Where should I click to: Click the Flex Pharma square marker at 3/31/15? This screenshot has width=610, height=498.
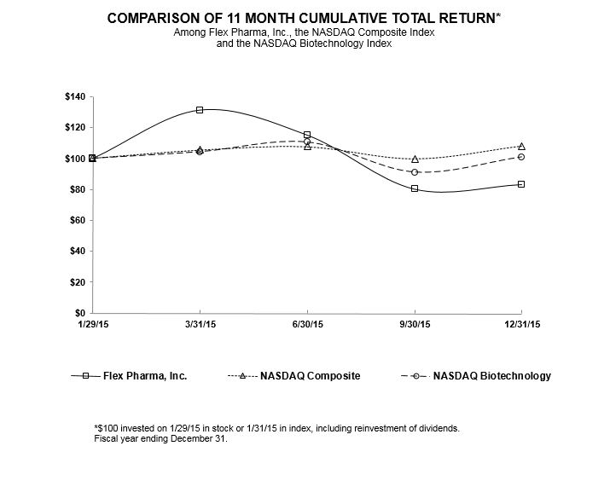tap(200, 110)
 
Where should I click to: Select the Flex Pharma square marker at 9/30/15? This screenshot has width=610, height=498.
tap(415, 188)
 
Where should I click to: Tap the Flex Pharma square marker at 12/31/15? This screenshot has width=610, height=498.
tap(521, 184)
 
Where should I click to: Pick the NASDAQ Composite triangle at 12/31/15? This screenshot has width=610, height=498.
tap(521, 147)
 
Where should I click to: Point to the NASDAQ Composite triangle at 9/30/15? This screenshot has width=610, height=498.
tap(415, 159)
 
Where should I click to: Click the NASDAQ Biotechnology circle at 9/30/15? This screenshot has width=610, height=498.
tap(415, 172)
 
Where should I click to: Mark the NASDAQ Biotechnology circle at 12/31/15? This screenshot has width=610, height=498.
tap(521, 157)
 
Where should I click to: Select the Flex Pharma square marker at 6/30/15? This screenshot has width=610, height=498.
tap(307, 135)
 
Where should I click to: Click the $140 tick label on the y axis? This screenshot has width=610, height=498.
tap(74, 96)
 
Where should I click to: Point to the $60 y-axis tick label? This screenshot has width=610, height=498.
tap(76, 220)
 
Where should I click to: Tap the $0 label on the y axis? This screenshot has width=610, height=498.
tap(78, 313)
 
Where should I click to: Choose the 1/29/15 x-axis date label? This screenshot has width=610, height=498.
tap(92, 325)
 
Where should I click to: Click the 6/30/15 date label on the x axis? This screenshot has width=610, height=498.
tap(307, 325)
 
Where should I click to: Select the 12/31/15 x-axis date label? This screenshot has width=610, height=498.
tap(521, 325)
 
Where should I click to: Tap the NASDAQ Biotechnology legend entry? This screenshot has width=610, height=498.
tap(491, 375)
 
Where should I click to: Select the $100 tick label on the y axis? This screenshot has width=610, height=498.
tap(74, 159)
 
